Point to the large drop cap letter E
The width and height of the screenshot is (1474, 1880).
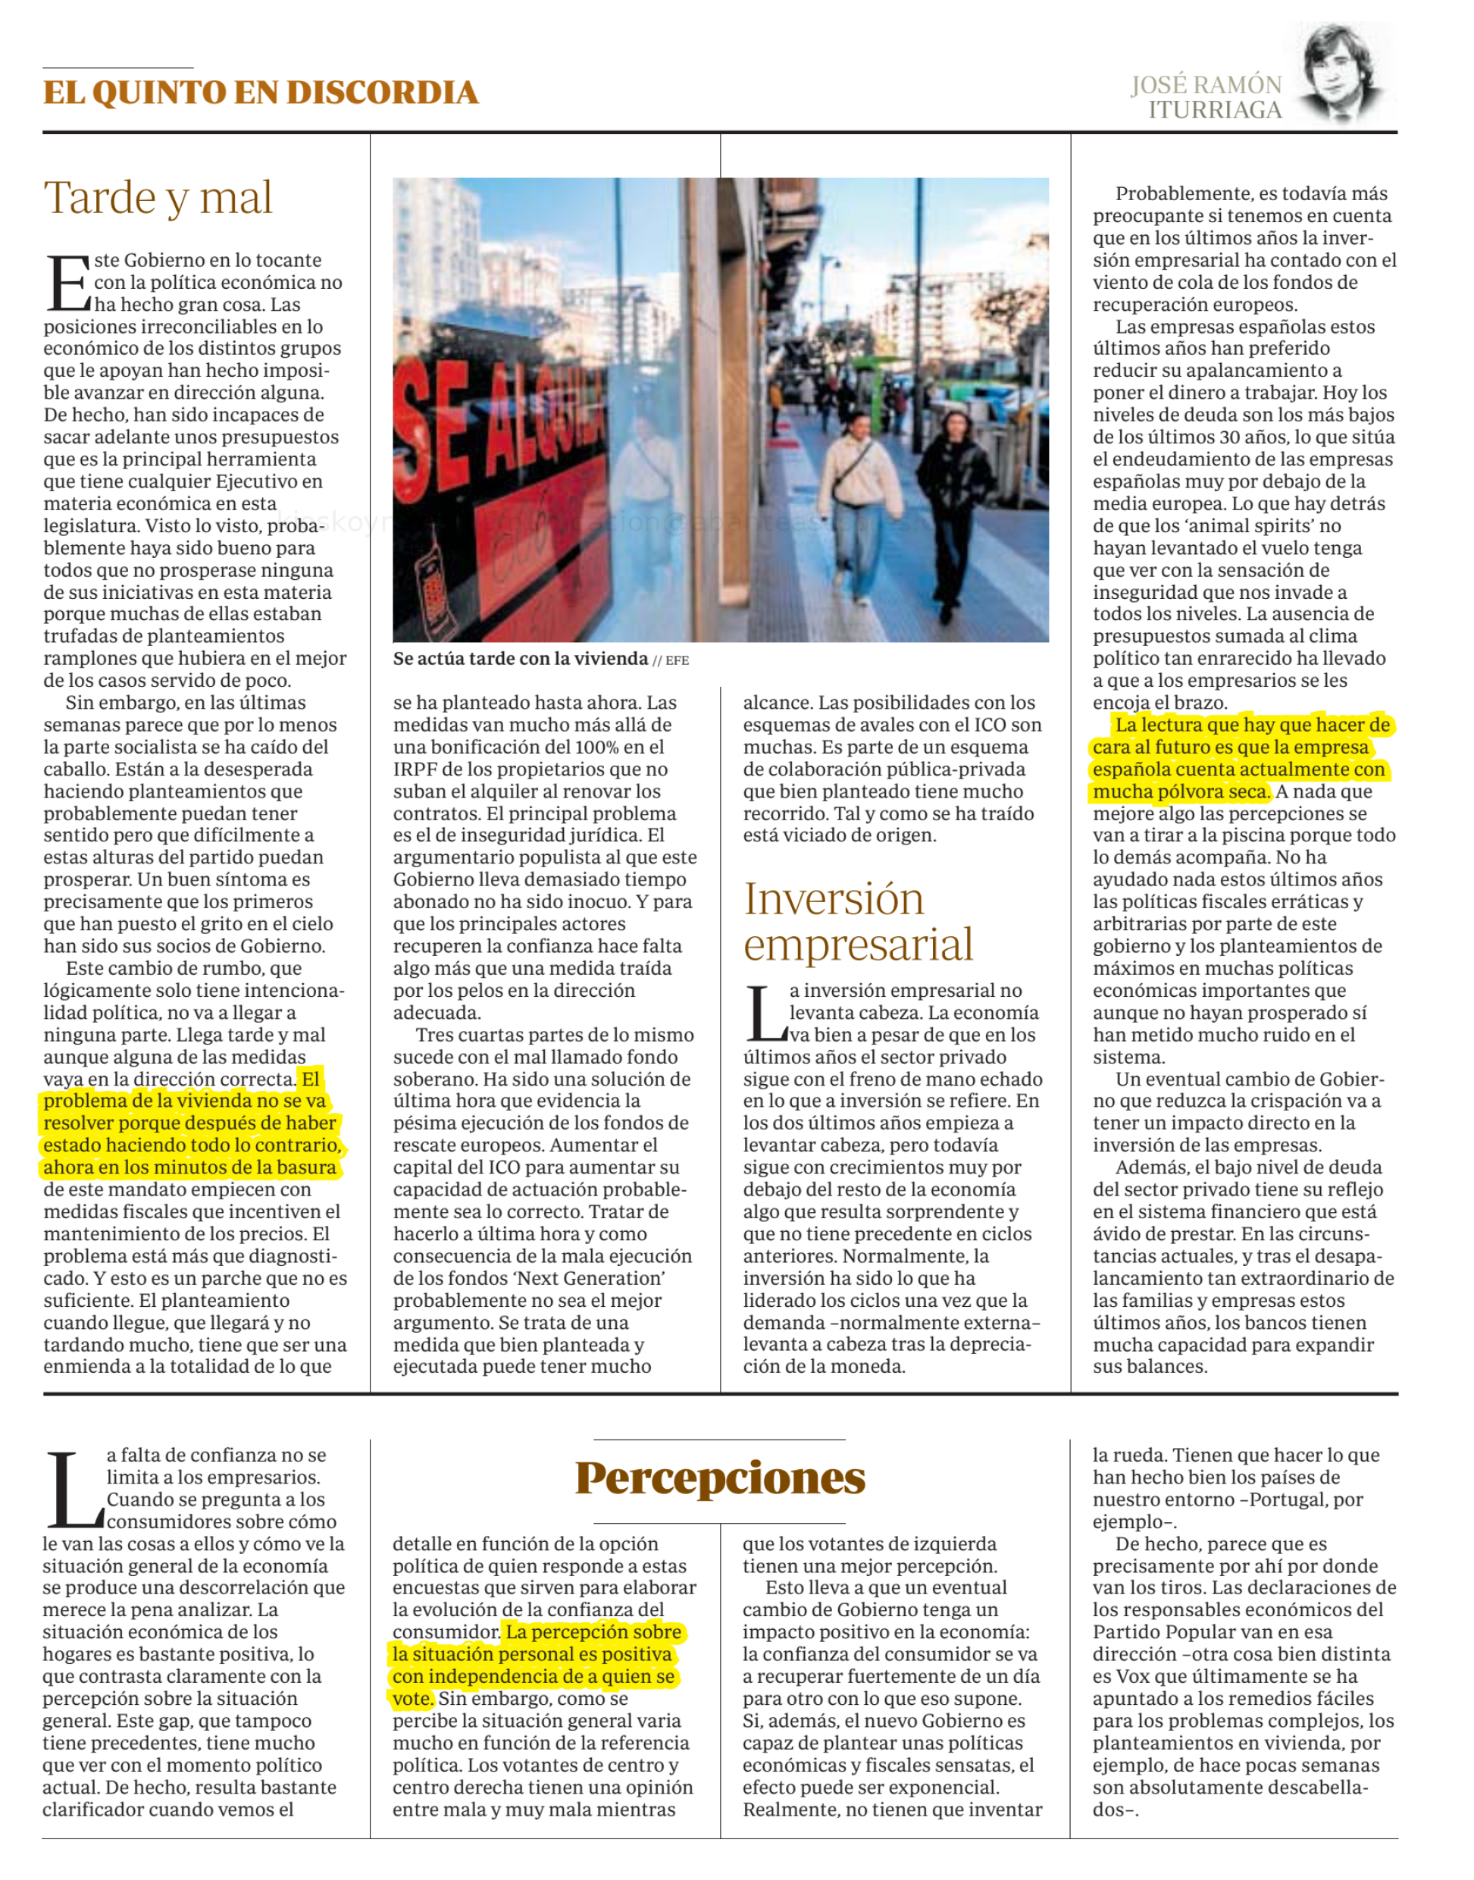[67, 282]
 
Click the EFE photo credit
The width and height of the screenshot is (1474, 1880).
[678, 660]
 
